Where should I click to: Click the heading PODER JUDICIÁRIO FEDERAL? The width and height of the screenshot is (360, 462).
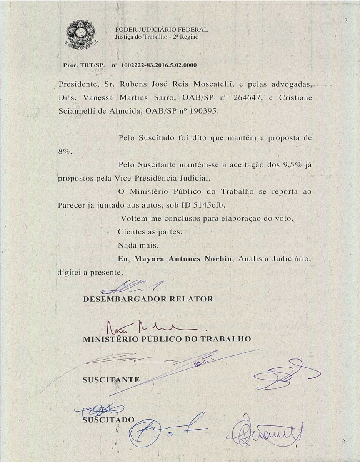click(x=162, y=30)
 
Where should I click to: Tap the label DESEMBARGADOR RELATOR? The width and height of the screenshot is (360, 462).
click(x=148, y=299)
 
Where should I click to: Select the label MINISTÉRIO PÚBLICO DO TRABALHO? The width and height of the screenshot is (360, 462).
click(x=167, y=339)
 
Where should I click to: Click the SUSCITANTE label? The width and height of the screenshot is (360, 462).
click(x=111, y=380)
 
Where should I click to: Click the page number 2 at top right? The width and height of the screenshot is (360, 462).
click(x=346, y=21)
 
